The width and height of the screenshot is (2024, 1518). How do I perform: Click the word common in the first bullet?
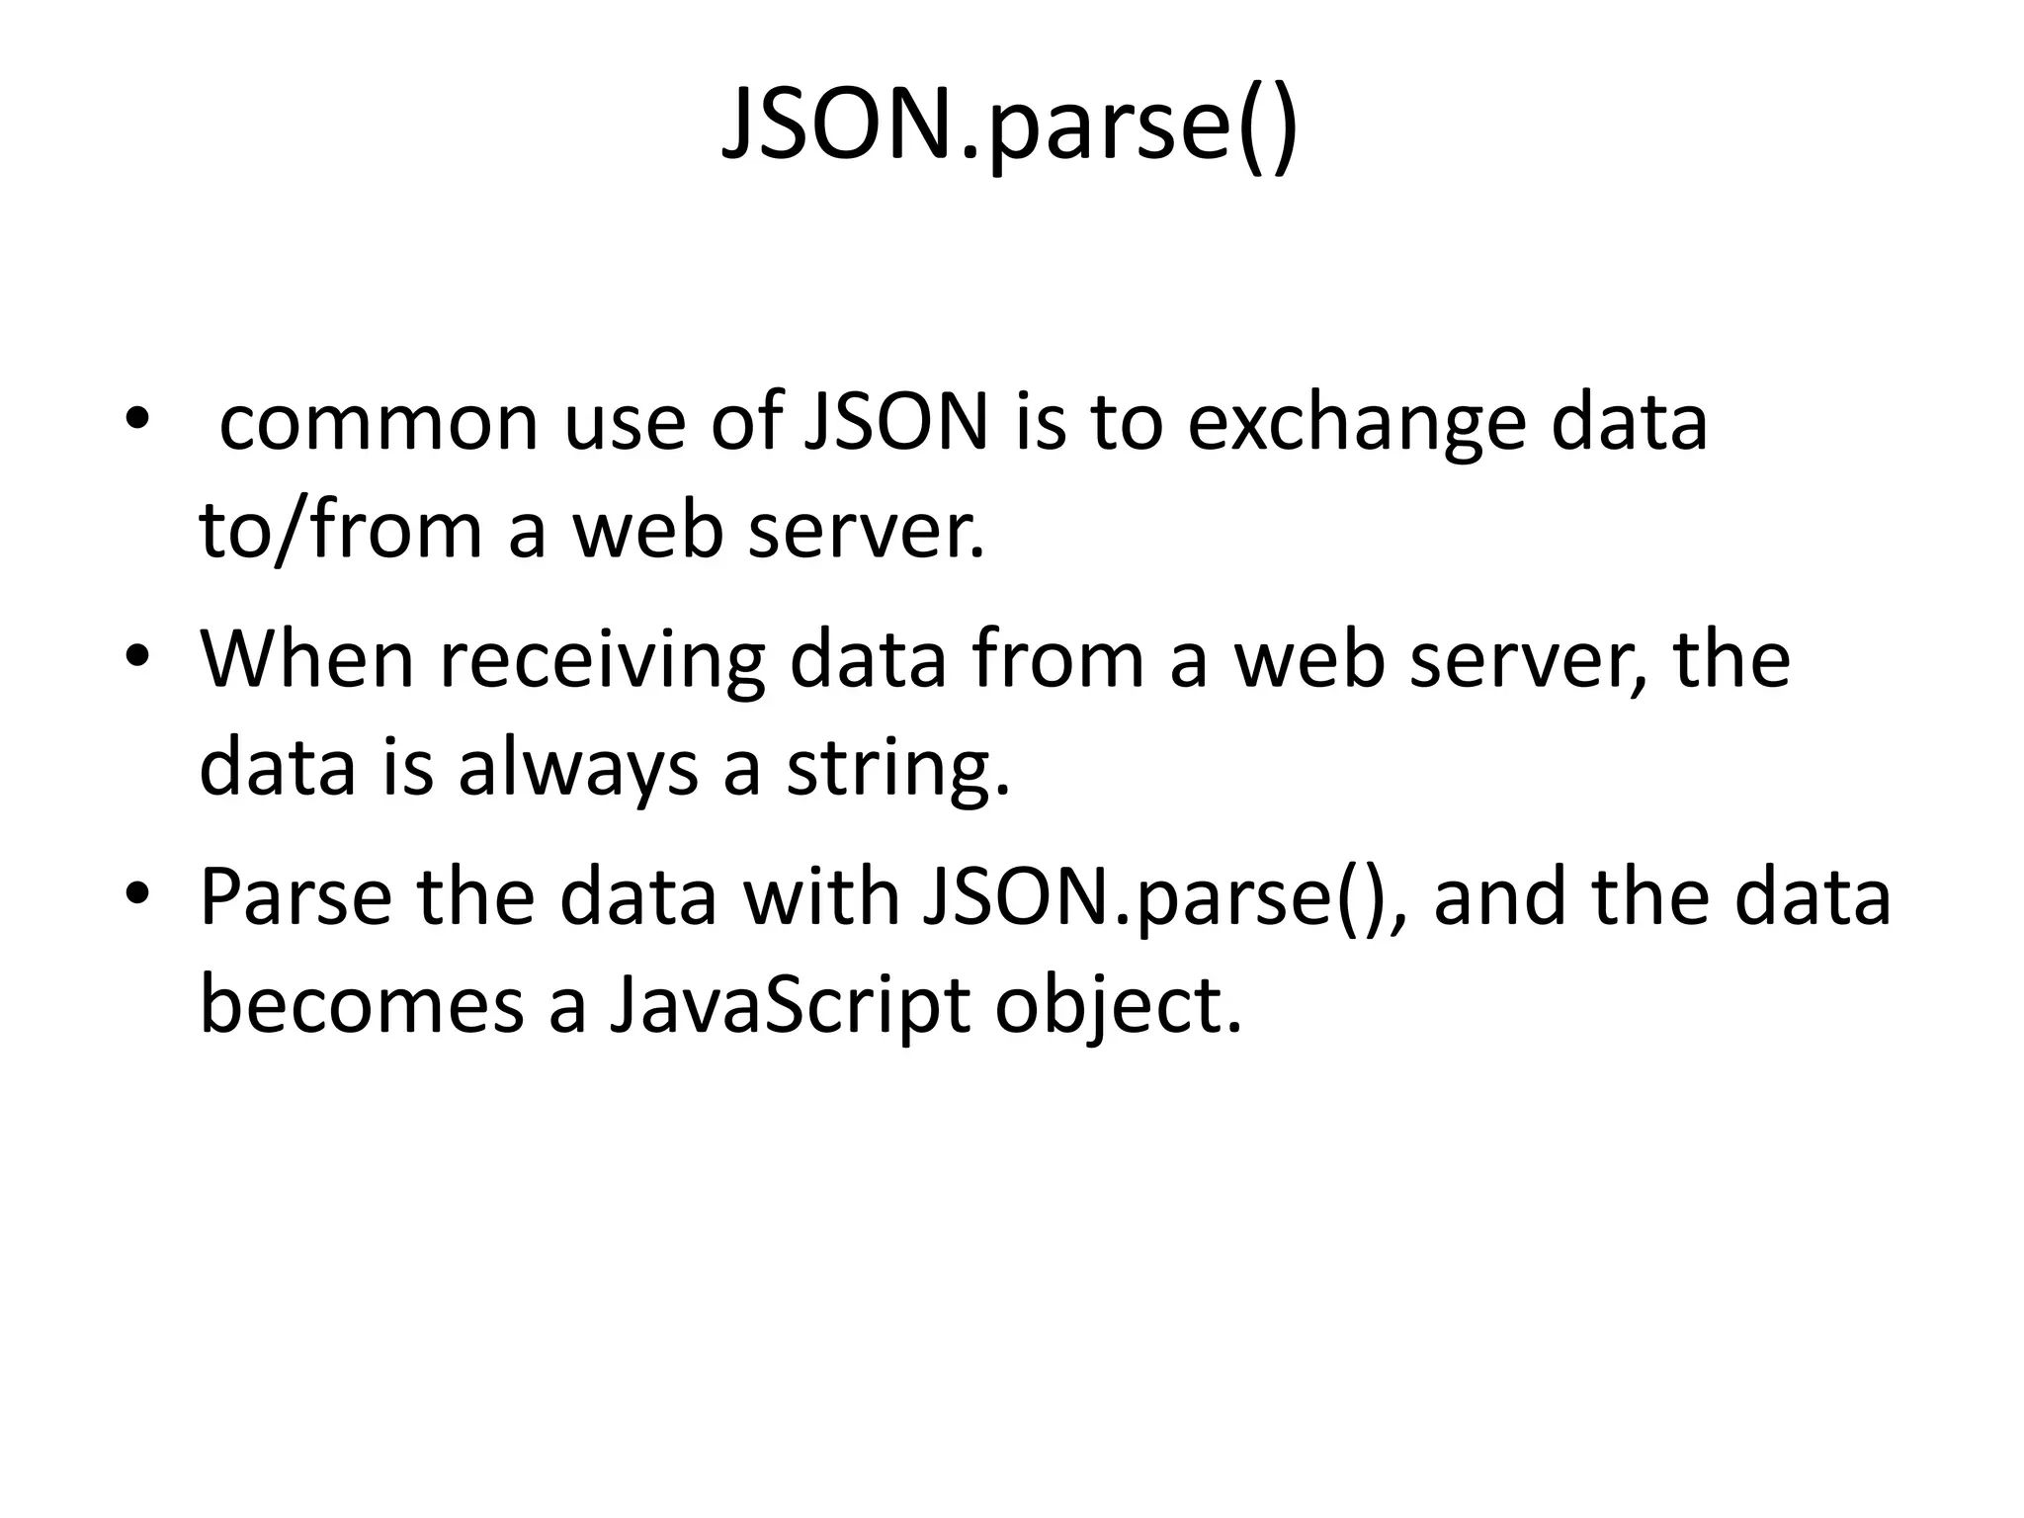379,423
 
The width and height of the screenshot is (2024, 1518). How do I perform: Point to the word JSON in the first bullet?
896,423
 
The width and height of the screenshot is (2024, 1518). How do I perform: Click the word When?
307,660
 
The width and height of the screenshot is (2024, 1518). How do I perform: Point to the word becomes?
362,1006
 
